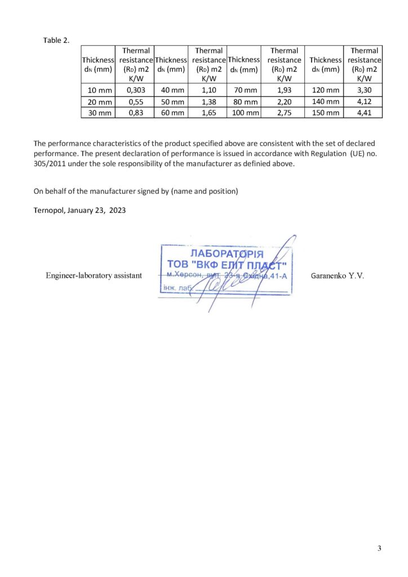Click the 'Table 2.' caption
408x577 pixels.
click(x=56, y=41)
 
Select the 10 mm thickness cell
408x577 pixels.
click(x=98, y=90)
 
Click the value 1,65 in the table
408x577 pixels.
click(x=209, y=113)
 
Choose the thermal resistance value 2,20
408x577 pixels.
click(x=284, y=101)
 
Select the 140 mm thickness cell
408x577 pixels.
click(x=325, y=101)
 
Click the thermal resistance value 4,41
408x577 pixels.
click(x=364, y=113)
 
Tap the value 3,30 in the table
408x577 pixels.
click(x=364, y=90)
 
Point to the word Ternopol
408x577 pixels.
click(x=49, y=210)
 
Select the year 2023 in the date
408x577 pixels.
click(x=117, y=210)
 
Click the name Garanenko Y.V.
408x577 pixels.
click(x=338, y=276)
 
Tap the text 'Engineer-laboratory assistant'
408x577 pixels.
click(x=94, y=276)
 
